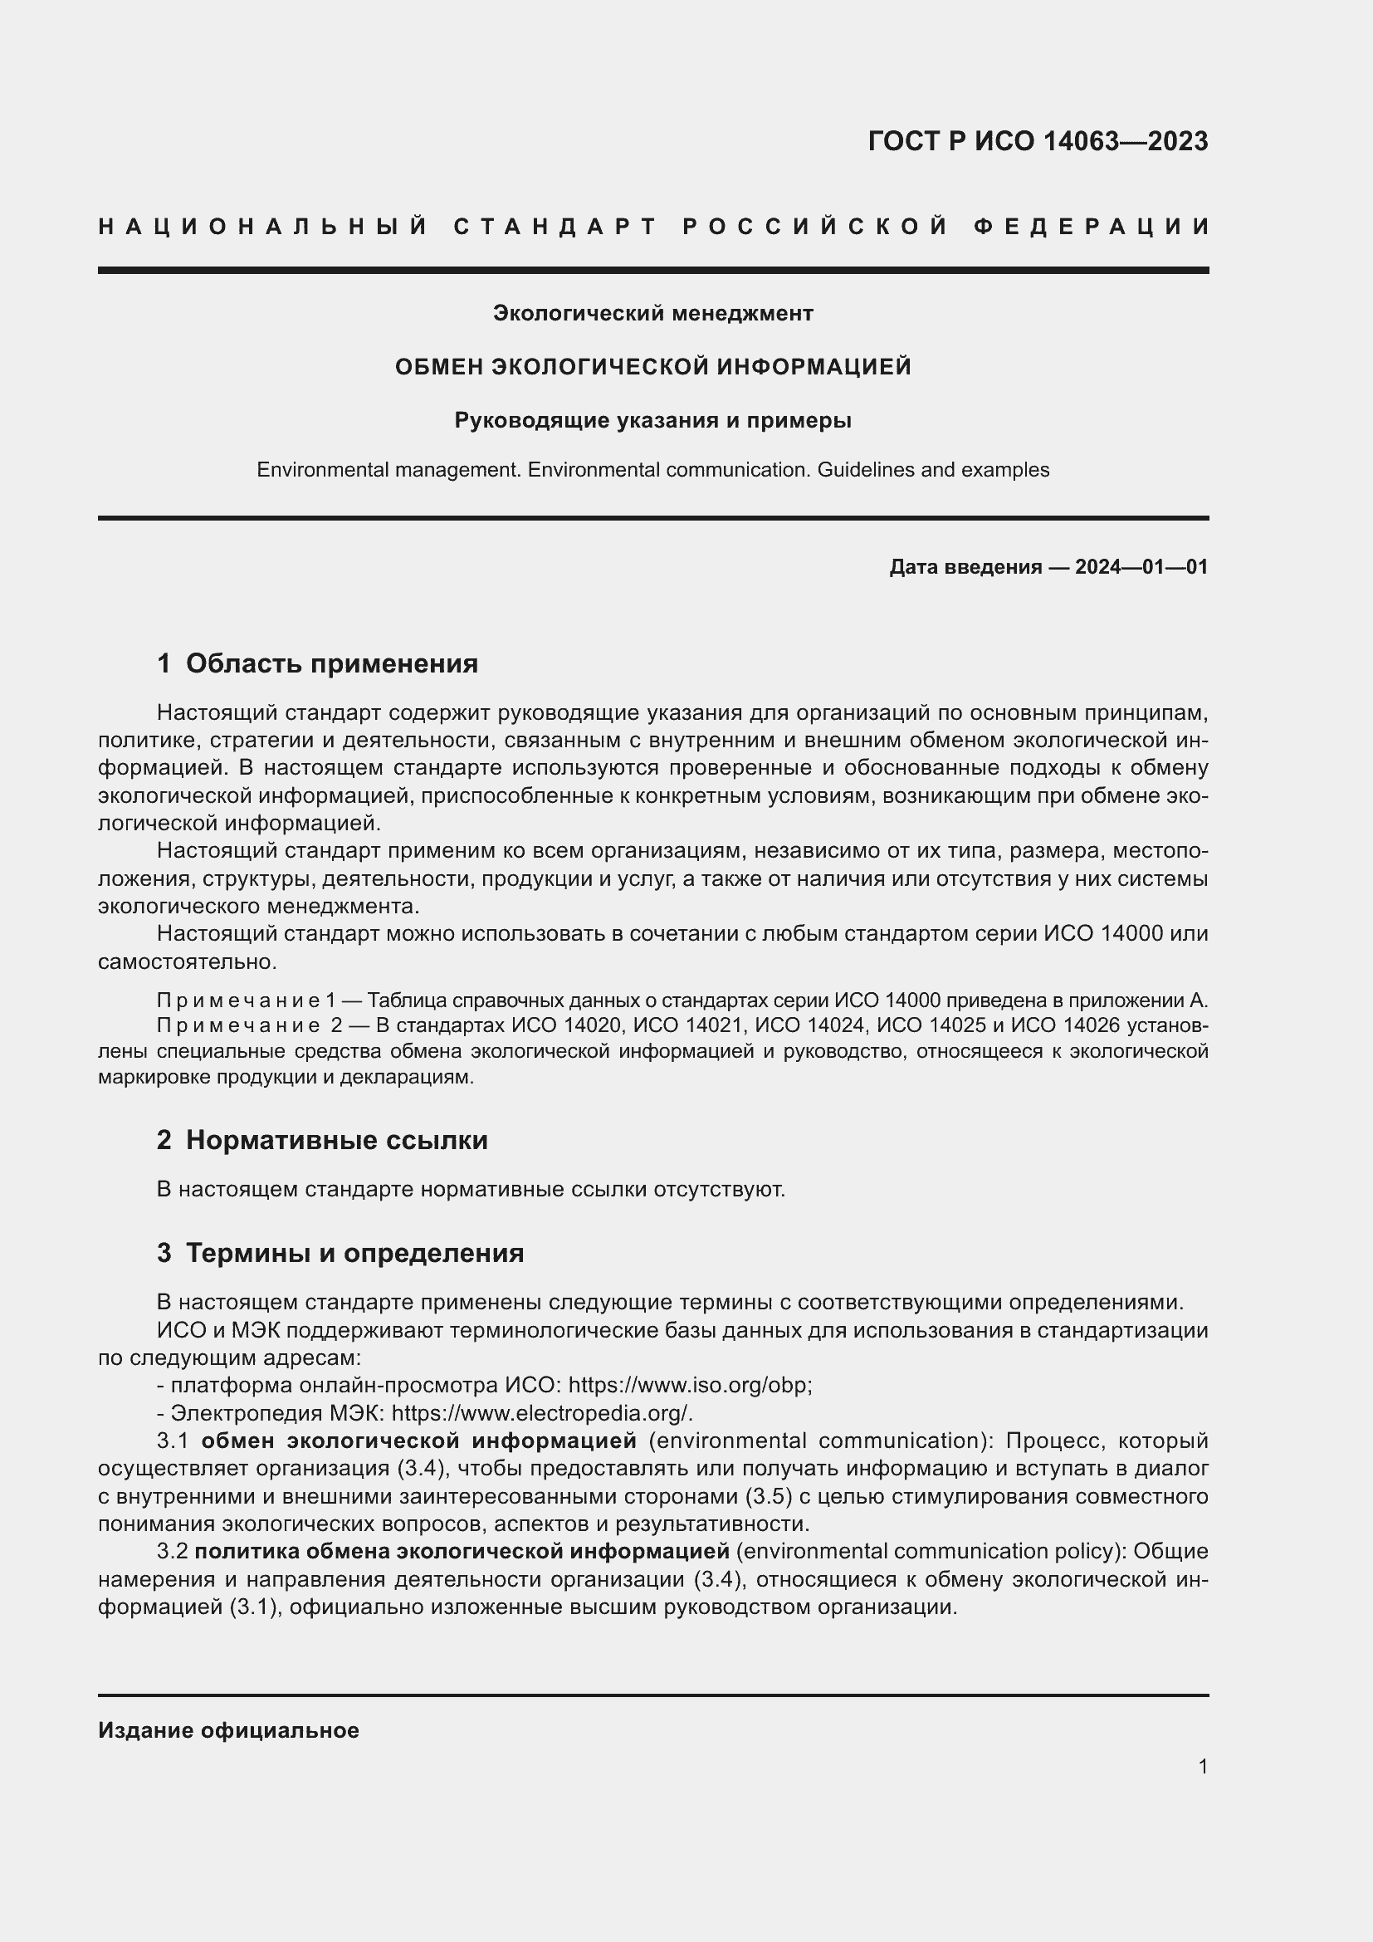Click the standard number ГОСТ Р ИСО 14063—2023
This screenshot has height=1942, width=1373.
click(1038, 141)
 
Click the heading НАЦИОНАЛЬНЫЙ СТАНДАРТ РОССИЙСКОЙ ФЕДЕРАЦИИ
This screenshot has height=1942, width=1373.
click(653, 227)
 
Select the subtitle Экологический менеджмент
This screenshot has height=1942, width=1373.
click(652, 314)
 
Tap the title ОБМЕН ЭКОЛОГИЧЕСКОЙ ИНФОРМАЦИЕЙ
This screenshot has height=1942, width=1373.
click(652, 367)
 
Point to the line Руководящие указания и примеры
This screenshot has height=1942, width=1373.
click(652, 420)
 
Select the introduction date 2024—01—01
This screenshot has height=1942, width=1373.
click(1141, 567)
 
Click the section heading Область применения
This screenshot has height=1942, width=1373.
click(331, 664)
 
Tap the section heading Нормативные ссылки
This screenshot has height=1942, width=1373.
click(336, 1141)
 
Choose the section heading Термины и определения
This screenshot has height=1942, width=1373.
click(354, 1254)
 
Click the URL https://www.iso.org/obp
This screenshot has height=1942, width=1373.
click(689, 1386)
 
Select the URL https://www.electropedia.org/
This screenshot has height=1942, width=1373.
click(543, 1413)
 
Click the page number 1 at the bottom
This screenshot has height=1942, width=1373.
click(1203, 1767)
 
